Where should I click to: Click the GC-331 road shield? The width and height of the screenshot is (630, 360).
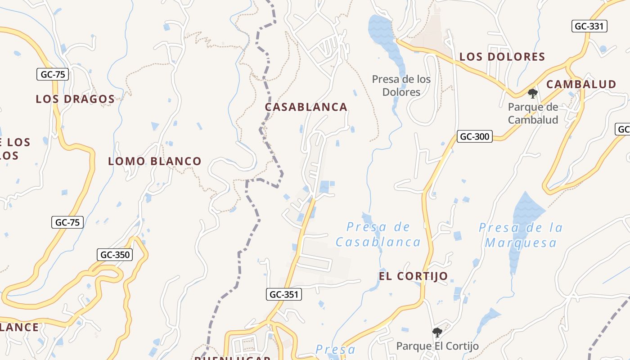click(589, 26)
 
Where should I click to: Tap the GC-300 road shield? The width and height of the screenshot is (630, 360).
click(474, 136)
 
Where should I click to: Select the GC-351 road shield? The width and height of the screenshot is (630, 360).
click(283, 294)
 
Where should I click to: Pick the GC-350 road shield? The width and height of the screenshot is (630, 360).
click(115, 255)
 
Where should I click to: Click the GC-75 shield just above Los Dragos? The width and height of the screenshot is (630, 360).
click(53, 74)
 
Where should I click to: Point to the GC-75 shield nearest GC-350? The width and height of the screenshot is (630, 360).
click(67, 222)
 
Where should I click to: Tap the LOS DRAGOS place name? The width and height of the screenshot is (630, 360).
click(75, 99)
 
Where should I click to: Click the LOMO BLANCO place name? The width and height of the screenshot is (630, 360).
click(154, 161)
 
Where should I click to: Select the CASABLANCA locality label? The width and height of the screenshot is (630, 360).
click(306, 107)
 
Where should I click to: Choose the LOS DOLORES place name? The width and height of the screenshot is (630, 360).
click(502, 57)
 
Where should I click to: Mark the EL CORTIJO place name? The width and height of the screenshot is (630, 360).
click(413, 276)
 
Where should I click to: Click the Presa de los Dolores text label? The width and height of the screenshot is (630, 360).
click(401, 85)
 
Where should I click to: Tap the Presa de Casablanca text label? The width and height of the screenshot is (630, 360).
click(378, 234)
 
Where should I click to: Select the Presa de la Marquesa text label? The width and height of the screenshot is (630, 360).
click(521, 235)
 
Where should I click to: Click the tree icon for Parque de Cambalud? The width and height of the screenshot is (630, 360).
click(533, 94)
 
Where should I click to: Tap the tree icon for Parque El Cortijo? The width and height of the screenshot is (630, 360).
click(437, 333)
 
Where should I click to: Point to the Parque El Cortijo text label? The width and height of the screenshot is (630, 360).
click(437, 346)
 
